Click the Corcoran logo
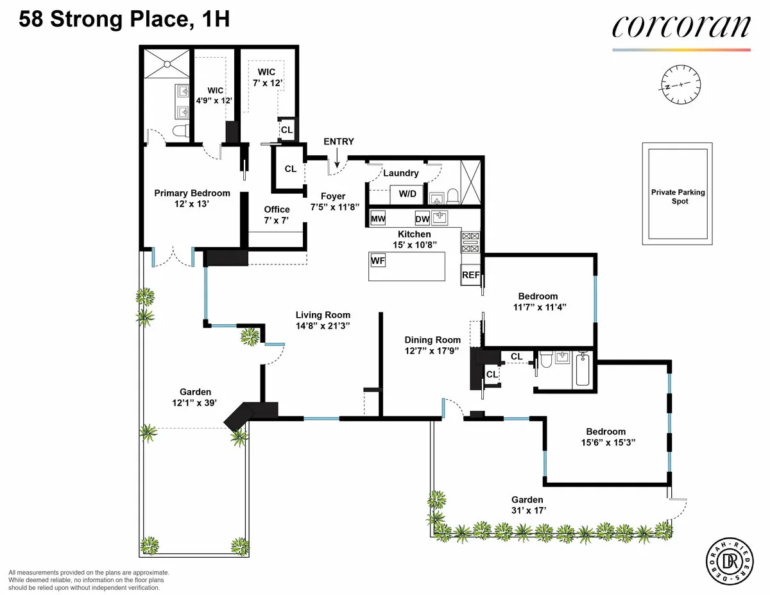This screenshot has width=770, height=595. click(681, 28)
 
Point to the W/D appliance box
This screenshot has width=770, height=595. click(407, 193)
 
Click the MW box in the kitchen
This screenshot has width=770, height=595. click(378, 219)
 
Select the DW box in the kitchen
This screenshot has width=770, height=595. click(422, 219)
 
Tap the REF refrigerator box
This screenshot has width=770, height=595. click(470, 275)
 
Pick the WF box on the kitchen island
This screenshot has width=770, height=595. click(377, 261)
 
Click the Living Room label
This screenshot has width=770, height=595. click(323, 315)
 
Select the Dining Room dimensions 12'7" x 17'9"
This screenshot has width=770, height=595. click(432, 350)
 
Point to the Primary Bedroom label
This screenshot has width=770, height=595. click(192, 193)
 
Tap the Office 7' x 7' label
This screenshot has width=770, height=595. click(277, 214)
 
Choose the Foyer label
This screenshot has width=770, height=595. click(332, 196)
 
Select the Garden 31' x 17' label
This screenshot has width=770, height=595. click(527, 504)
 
